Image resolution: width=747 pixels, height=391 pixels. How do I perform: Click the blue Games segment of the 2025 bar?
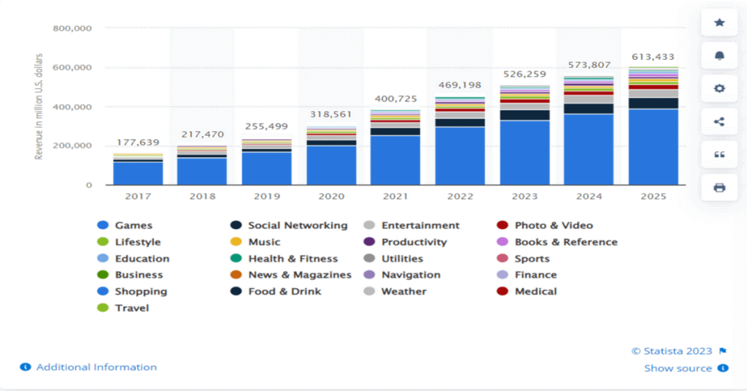pyautogui.click(x=653, y=146)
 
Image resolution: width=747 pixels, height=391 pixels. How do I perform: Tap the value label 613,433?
pyautogui.click(x=653, y=57)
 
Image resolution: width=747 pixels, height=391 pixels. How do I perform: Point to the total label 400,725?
pyautogui.click(x=395, y=98)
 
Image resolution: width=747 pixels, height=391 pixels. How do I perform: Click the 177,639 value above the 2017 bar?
pyautogui.click(x=138, y=143)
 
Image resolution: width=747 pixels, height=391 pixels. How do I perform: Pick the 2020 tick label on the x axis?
pyautogui.click(x=331, y=197)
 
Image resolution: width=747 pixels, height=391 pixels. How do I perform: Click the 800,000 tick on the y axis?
pyautogui.click(x=72, y=29)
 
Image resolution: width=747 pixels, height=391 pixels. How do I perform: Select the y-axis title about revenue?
pyautogui.click(x=39, y=107)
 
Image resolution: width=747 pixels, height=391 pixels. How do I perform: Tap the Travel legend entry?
pyautogui.click(x=131, y=308)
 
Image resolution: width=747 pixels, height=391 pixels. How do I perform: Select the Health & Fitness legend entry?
pyautogui.click(x=293, y=259)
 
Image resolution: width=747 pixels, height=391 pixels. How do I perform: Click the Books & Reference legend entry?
pyautogui.click(x=565, y=242)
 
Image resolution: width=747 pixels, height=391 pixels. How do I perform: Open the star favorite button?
pyautogui.click(x=719, y=23)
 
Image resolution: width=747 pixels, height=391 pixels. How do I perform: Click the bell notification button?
pyautogui.click(x=719, y=56)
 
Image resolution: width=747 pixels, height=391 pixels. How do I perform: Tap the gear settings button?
pyautogui.click(x=719, y=88)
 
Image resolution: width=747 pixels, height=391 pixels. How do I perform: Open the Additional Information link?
pyautogui.click(x=96, y=367)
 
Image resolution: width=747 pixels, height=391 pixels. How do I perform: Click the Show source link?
pyautogui.click(x=678, y=368)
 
